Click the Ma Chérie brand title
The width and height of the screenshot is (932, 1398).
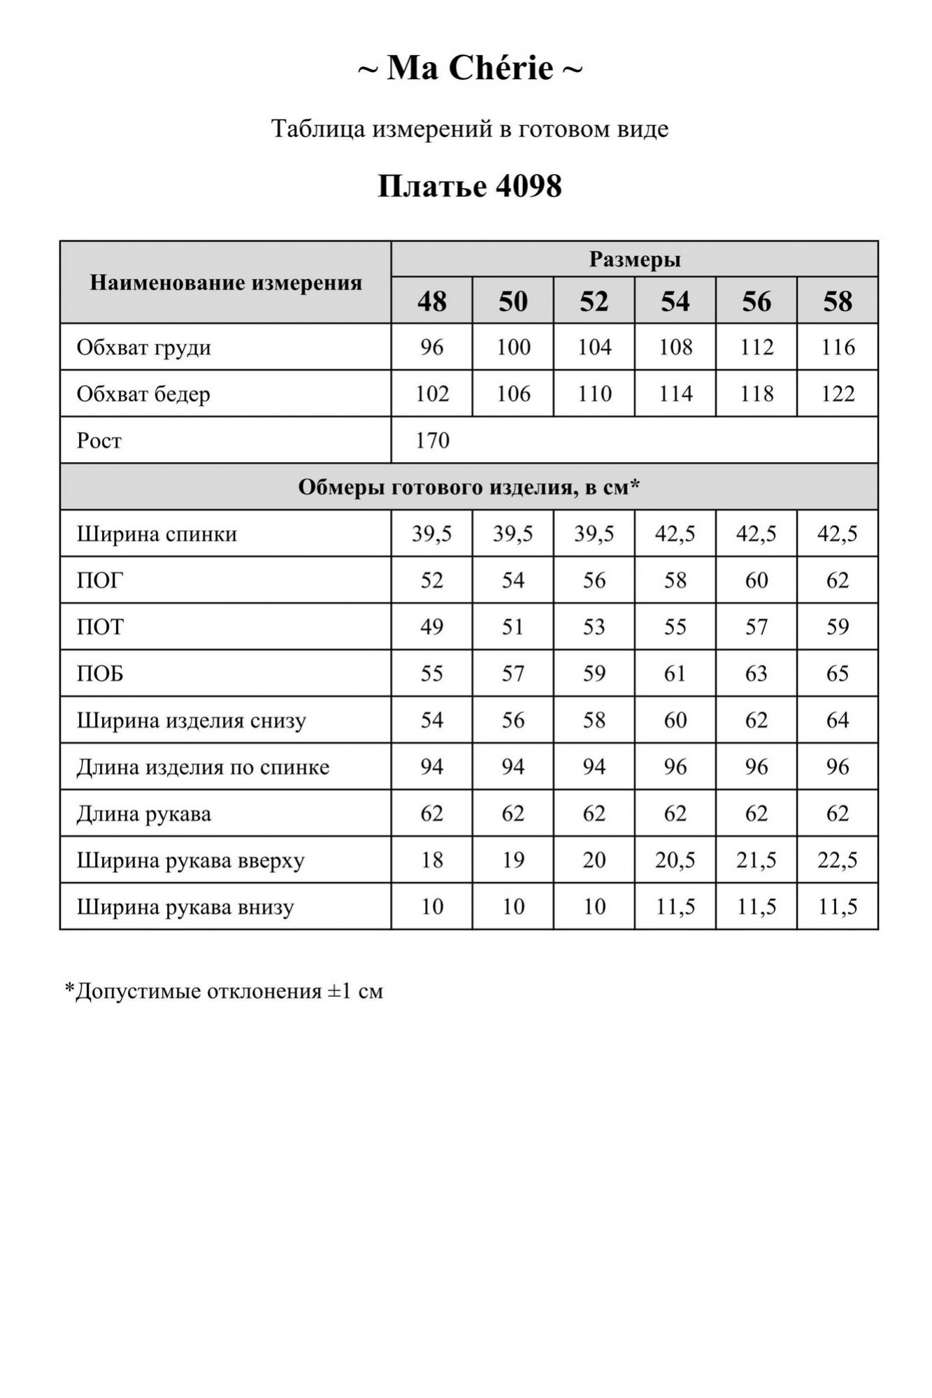coord(470,69)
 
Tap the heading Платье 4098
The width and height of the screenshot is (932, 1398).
coord(470,187)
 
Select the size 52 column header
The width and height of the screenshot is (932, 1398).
coord(594,301)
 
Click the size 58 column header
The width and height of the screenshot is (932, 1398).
coord(837,301)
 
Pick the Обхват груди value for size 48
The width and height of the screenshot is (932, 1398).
coord(431,347)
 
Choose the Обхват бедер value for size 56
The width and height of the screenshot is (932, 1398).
coord(756,394)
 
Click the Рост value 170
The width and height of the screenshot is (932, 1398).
coord(432,440)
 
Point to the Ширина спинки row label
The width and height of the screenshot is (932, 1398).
coord(157,534)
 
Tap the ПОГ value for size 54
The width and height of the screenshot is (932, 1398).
coord(675,580)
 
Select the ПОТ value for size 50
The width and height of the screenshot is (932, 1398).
coord(512,627)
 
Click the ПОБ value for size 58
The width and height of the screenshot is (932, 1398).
coord(837,674)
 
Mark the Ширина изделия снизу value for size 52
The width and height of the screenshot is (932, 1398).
coord(594,720)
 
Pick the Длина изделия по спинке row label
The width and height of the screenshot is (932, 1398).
coord(203,768)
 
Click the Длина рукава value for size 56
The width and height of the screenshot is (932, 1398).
coord(756,814)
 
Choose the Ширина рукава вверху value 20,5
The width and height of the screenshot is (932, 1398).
coord(675,860)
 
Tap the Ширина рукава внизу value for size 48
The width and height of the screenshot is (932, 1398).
coord(431,907)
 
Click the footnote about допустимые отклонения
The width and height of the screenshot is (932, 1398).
coord(224,991)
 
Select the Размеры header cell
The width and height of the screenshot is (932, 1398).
coord(634,259)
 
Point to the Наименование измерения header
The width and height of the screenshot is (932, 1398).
coord(226,283)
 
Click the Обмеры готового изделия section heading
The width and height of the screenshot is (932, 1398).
coord(468,487)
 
